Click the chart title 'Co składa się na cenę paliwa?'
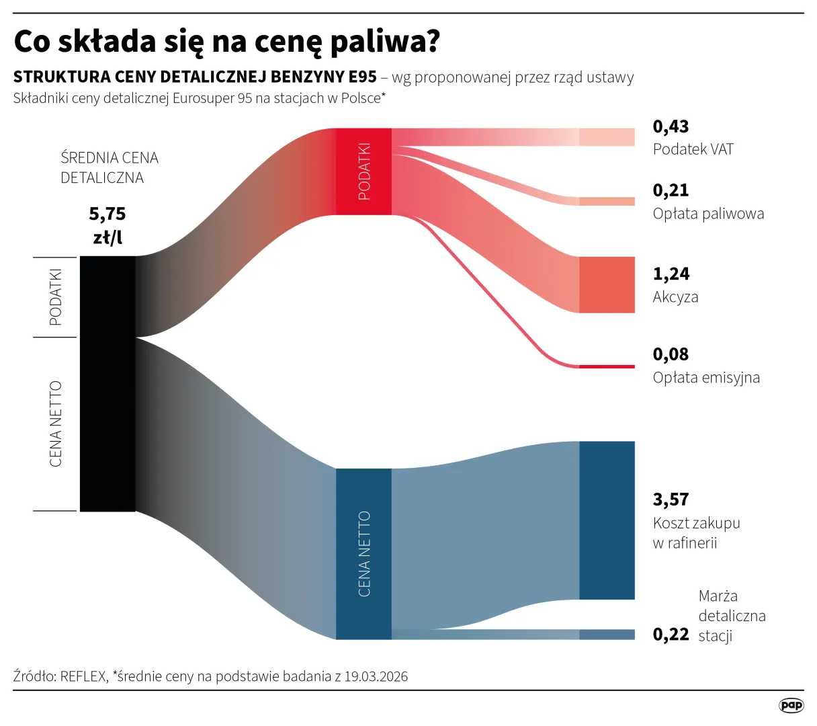click(x=226, y=42)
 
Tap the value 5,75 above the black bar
click(x=107, y=214)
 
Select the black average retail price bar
click(x=107, y=383)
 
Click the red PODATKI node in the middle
click(x=363, y=171)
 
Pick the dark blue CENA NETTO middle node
click(x=363, y=553)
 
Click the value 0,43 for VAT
click(x=671, y=126)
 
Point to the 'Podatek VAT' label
click(x=693, y=149)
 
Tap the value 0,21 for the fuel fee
click(x=671, y=190)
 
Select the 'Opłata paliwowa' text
click(x=708, y=214)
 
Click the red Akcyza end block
click(x=607, y=284)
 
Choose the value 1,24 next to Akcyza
click(x=671, y=274)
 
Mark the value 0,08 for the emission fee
click(x=671, y=354)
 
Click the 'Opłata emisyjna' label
click(x=706, y=377)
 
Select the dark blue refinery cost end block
click(x=607, y=520)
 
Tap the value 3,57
click(x=671, y=499)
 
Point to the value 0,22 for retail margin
click(x=671, y=635)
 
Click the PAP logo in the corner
click(x=791, y=705)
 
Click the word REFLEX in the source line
click(x=83, y=676)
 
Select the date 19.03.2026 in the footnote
click(x=376, y=676)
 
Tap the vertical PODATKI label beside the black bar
click(x=56, y=296)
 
